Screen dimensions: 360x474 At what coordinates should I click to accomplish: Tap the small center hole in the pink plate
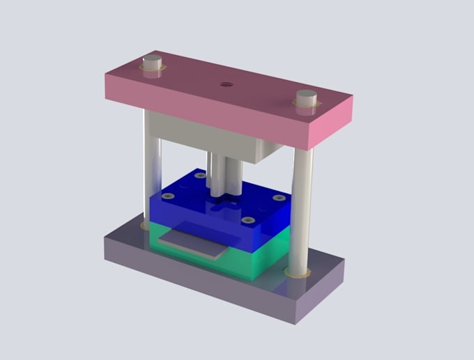tap(225, 84)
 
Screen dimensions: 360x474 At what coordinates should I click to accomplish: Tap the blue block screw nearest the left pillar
tap(167, 196)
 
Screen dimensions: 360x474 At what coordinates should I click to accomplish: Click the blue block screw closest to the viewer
tap(247, 221)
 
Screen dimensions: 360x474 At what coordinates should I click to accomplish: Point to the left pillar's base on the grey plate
tap(144, 226)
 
